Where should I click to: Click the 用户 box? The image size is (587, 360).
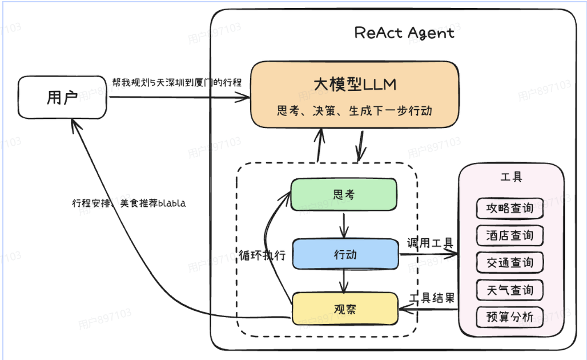(62, 98)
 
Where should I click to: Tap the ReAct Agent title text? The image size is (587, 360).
(404, 33)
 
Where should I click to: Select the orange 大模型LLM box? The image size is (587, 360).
(355, 94)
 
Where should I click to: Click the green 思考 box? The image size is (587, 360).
(344, 194)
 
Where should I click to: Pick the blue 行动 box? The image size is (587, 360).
(345, 254)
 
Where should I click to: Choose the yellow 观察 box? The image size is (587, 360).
(345, 309)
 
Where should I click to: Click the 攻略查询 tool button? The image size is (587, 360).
(509, 208)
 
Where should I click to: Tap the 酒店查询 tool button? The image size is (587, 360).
(509, 235)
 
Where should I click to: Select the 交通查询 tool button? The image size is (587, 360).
(509, 262)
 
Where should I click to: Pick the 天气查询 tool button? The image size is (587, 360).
(509, 290)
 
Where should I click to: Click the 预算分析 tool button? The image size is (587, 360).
(509, 317)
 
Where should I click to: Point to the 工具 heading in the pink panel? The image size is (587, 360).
(511, 177)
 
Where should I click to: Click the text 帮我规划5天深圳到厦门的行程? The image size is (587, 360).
(177, 82)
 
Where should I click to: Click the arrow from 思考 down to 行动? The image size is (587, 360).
(344, 225)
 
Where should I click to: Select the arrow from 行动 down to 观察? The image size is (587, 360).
(344, 280)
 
